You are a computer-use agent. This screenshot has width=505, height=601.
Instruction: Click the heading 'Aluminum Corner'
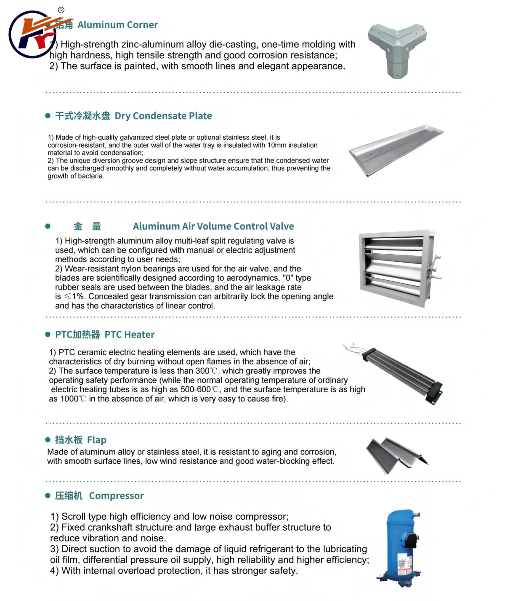(x=117, y=25)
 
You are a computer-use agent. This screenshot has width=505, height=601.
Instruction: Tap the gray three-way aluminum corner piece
(x=397, y=48)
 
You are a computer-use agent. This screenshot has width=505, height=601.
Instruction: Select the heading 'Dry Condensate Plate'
(x=163, y=116)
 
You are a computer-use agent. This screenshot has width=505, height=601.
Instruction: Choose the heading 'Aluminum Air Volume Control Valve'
(x=213, y=226)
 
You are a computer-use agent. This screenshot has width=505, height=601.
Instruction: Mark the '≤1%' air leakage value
(x=75, y=297)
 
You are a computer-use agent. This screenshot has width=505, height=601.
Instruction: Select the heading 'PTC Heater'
(x=130, y=335)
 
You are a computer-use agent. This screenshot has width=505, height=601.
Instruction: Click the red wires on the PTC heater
(x=352, y=348)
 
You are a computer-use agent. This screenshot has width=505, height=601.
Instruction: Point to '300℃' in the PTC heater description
(x=207, y=371)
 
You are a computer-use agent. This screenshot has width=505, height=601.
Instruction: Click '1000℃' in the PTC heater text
(x=73, y=399)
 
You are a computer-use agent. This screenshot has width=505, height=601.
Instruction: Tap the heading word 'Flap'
(x=97, y=440)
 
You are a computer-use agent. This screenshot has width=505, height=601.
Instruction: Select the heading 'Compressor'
(x=116, y=496)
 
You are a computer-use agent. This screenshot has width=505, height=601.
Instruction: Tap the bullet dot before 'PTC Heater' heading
(x=48, y=335)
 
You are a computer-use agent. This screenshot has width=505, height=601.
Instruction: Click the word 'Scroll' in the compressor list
(x=74, y=516)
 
